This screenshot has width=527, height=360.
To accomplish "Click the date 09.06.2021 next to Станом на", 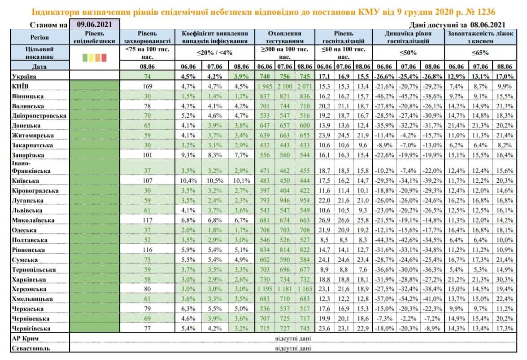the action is [94, 24].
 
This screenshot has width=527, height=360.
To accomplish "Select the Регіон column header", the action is [39, 37].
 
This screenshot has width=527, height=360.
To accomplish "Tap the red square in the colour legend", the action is [104, 57].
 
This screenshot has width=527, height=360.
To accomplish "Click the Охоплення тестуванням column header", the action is [284, 37].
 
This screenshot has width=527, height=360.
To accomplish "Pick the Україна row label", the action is [24, 76].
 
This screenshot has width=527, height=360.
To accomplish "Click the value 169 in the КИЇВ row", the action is [147, 87].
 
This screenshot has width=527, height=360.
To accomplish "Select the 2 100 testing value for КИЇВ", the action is [285, 87].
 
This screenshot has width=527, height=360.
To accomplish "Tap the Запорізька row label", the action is [28, 155].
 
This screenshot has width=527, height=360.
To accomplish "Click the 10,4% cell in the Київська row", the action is [188, 180].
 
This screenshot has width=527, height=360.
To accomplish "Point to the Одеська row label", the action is [24, 230].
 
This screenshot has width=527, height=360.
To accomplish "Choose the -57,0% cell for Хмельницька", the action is [384, 299].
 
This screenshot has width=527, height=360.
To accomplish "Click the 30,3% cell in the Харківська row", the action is [505, 280].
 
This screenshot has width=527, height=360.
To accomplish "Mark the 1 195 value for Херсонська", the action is [265, 289].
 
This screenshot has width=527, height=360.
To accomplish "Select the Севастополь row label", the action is [30, 348].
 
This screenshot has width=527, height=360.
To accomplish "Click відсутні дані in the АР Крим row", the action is [293, 338].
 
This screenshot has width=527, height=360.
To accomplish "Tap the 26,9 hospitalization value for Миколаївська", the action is [324, 220].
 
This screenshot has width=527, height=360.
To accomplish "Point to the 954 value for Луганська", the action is [305, 201].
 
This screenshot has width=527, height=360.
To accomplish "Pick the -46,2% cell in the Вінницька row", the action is [384, 96].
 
